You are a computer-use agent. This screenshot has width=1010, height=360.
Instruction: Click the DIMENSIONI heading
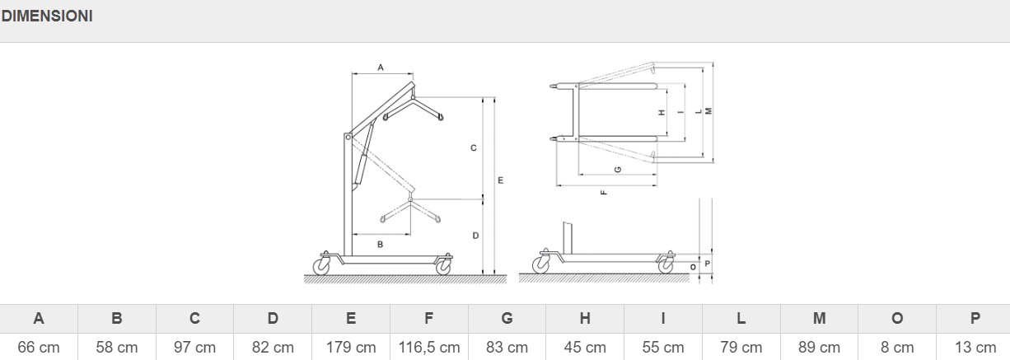click(47, 16)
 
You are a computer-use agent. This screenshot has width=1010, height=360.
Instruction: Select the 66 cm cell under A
click(39, 348)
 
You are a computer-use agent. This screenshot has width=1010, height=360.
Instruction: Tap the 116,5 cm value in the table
click(429, 348)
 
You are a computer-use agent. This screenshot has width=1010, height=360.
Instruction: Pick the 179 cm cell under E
click(351, 348)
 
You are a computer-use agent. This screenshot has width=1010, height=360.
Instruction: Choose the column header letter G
click(507, 319)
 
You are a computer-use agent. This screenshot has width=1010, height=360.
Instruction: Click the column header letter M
click(819, 319)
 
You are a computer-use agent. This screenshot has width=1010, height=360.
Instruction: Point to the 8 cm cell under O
click(897, 348)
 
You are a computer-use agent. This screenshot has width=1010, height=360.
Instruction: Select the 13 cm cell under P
click(975, 348)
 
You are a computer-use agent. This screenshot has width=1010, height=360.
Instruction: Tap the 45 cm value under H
click(585, 348)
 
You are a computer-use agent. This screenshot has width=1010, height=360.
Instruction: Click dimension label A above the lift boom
click(381, 68)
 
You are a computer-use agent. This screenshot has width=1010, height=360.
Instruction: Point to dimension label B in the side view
click(380, 244)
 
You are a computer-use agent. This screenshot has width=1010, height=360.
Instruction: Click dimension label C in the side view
click(474, 147)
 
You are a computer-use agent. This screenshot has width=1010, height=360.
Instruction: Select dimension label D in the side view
click(475, 236)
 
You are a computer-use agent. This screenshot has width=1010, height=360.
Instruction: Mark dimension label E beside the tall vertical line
click(501, 180)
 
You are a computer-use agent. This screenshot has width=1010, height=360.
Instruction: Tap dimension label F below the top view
click(604, 193)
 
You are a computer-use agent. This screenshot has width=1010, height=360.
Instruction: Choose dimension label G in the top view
click(618, 170)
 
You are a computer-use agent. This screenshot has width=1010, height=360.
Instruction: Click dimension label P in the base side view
click(708, 264)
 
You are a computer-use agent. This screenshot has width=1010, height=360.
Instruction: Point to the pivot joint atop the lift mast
click(348, 137)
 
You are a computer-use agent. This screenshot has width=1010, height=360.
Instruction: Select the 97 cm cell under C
click(194, 348)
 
